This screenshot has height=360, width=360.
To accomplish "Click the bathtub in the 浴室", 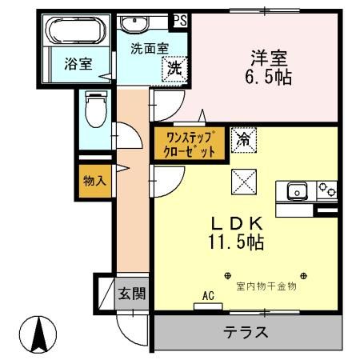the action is [76, 30].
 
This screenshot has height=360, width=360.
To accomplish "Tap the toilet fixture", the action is [96, 109].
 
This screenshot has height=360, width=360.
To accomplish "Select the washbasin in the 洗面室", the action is [134, 23].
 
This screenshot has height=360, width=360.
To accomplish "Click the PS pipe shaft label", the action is [181, 21].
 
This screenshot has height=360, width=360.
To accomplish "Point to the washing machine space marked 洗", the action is [174, 69].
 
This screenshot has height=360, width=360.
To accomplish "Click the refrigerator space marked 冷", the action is [244, 140].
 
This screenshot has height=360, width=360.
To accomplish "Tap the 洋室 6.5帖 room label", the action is [268, 67].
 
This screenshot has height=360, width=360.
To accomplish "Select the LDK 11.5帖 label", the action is [236, 233].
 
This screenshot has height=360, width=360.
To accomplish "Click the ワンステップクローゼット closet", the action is [190, 144].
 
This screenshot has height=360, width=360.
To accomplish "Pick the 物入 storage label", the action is [94, 181].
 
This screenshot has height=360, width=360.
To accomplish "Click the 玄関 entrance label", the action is [132, 294].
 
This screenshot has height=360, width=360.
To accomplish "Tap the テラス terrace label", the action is [246, 332].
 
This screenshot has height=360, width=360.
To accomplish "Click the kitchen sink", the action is [297, 190].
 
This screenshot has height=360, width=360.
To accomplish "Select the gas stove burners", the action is [327, 190].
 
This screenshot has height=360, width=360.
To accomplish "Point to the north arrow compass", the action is [38, 334].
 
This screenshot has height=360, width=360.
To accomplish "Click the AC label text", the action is [208, 295].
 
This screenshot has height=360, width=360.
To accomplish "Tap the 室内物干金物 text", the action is [266, 286].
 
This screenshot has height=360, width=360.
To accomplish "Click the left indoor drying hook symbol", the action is [228, 276].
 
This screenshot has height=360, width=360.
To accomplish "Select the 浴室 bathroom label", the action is [78, 64].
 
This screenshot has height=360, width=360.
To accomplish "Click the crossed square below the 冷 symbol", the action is [244, 182].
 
